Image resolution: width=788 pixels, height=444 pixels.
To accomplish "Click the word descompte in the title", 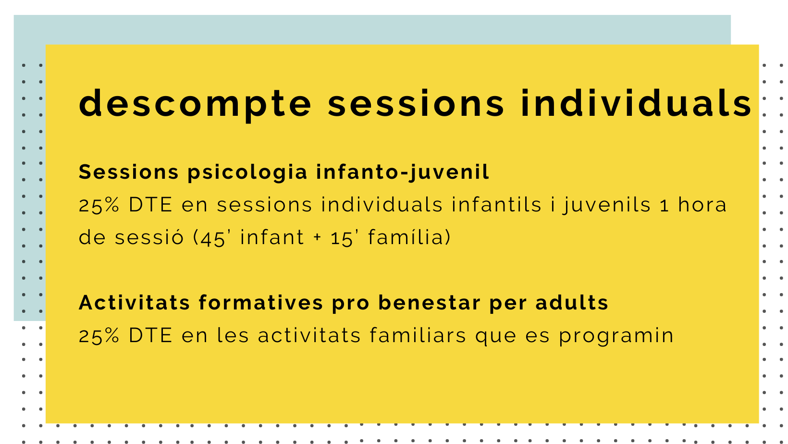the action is tap(195, 104).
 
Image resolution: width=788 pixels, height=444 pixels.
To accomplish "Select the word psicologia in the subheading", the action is tap(247, 173).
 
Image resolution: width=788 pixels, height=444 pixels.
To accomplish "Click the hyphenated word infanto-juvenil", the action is tap(403, 173).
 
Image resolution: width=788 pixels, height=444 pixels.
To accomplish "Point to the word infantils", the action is tap(496, 205).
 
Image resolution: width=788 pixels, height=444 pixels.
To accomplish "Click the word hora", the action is tap(702, 205).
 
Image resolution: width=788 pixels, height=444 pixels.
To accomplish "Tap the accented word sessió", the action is tap(149, 237).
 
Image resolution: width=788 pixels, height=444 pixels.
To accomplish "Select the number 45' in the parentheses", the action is tap(215, 237).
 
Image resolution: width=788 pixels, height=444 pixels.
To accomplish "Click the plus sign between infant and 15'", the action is tap(317, 237).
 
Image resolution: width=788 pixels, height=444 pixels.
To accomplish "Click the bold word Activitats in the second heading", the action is tap(135, 303).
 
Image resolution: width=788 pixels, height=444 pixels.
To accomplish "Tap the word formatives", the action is tap(261, 303).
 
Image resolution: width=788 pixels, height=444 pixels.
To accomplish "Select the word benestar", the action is tap(429, 303).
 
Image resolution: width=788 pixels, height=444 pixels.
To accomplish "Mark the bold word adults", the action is tap(572, 303).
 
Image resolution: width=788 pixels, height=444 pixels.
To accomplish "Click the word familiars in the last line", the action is tap(418, 335).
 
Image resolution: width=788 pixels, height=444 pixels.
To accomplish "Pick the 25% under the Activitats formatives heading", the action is tap(99, 335).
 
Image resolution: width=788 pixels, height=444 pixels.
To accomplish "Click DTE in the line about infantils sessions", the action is tap(150, 205).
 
